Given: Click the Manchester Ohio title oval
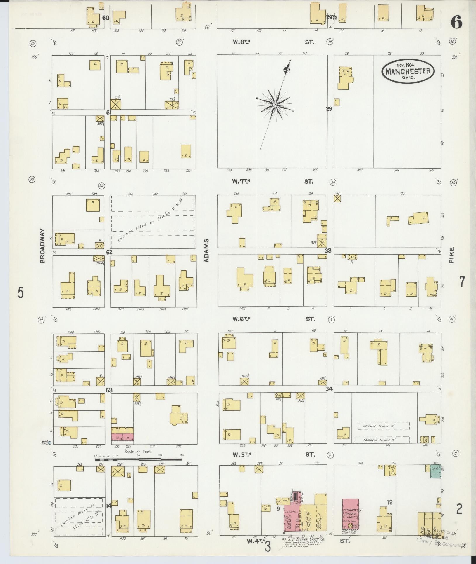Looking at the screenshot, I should [408, 71].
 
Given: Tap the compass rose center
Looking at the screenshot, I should [275, 104].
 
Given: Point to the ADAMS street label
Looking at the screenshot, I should [207, 250].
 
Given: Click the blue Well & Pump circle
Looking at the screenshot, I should [49, 443].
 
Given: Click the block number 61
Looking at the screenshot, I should [109, 112].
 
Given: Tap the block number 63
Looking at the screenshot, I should [109, 390].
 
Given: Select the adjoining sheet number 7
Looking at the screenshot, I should [462, 282].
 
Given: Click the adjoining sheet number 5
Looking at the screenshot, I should [20, 292].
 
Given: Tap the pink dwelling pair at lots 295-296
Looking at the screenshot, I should [122, 437].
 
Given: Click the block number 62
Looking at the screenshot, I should [109, 252].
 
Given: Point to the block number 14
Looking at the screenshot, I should [108, 505].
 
